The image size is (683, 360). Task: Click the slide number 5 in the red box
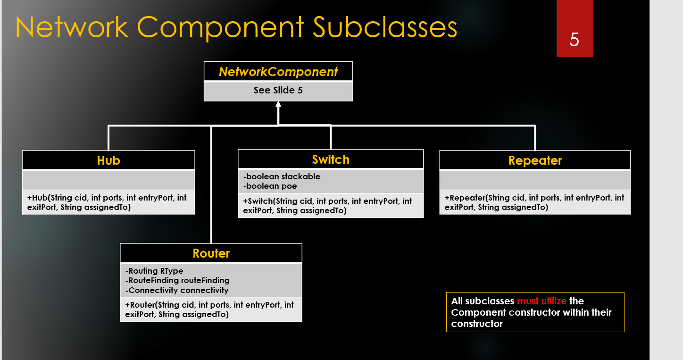tap(574, 40)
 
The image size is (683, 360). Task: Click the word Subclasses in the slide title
tap(385, 27)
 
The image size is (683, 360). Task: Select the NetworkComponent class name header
tap(278, 72)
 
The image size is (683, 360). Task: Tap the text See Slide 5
tap(278, 90)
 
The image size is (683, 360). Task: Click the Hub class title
tap(108, 160)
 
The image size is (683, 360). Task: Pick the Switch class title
tap(331, 159)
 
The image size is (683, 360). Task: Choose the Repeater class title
tap(535, 160)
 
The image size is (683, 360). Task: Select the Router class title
tap(211, 253)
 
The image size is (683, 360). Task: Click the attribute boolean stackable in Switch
tap(282, 176)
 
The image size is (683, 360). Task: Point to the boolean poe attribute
tap(270, 186)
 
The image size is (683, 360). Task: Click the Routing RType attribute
tap(154, 271)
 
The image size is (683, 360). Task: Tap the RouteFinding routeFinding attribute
tap(177, 280)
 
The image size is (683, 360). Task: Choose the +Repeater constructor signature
tap(534, 202)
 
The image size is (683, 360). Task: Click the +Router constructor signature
tap(210, 310)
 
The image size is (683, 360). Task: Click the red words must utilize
tap(541, 301)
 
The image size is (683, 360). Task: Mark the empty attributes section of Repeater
tap(535, 180)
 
